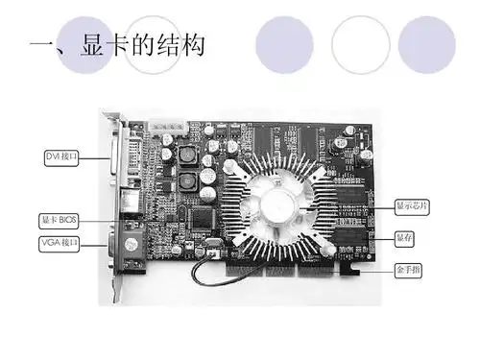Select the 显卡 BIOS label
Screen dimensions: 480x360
coord(58,219)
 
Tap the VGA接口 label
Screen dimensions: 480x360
coord(59,242)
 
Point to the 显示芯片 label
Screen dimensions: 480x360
coord(413,205)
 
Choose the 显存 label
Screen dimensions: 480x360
coord(407,236)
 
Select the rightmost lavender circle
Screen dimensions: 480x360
coord(426,44)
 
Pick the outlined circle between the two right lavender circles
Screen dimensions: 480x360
coord(360,44)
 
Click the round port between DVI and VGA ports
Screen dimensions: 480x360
coord(129,203)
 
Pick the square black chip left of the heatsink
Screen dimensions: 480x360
coord(201,219)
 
